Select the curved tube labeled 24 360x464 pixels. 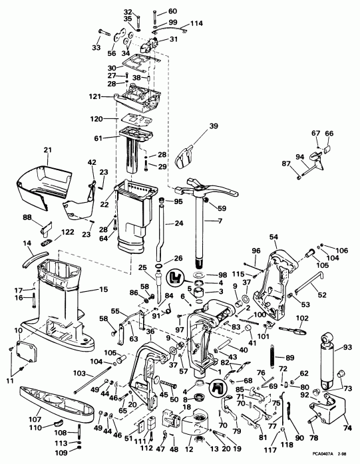161,229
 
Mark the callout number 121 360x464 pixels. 96,96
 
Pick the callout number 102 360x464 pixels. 303,318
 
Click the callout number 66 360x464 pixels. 328,133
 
